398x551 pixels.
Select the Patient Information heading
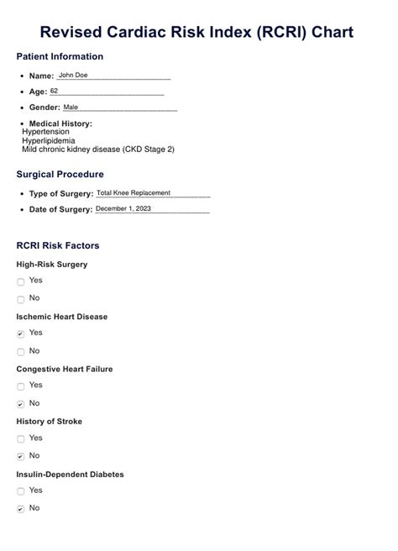[60, 57]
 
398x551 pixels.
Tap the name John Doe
[73, 75]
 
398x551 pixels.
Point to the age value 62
[55, 91]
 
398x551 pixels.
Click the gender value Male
[71, 108]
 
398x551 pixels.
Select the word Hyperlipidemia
[49, 140]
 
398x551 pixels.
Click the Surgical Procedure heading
[60, 175]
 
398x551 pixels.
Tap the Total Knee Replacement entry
[134, 193]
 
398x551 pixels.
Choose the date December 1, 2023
[123, 209]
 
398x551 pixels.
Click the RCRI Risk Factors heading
[58, 246]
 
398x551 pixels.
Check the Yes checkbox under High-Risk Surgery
[21, 282]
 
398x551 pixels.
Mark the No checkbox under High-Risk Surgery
[21, 299]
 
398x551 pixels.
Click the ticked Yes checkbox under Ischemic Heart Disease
[21, 334]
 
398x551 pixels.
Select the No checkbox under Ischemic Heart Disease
[21, 351]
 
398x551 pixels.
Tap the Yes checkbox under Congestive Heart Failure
[21, 386]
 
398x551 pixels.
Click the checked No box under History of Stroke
[21, 457]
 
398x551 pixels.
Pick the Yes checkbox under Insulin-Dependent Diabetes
[21, 491]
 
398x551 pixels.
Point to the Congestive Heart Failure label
[65, 369]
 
